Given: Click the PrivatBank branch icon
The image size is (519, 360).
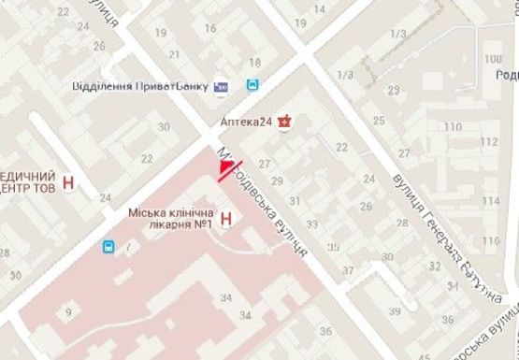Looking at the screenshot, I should (x=221, y=85).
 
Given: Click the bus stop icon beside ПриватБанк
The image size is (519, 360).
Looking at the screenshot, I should (x=252, y=85).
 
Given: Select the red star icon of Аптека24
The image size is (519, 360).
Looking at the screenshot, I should (x=291, y=121).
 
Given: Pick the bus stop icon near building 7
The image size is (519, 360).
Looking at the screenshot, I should (x=108, y=247).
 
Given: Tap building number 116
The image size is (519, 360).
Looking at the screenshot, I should (x=491, y=240).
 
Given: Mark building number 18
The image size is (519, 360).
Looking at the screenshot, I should (x=254, y=63).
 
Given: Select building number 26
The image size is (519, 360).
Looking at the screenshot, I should (x=98, y=45).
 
